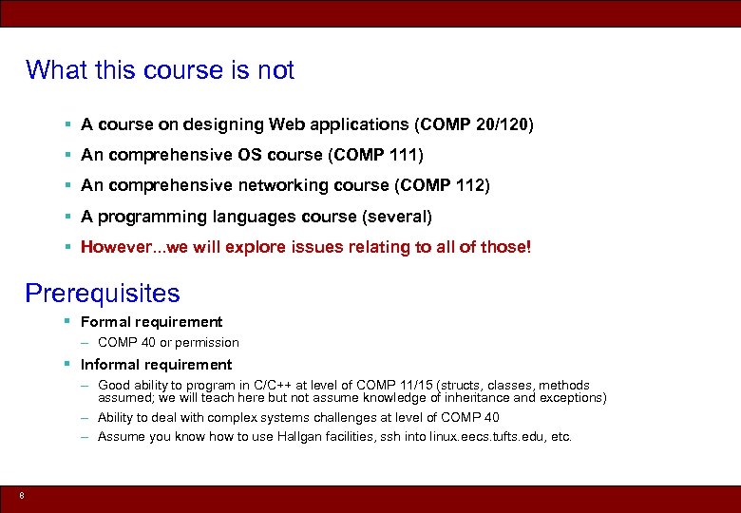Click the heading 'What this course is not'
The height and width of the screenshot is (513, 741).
pos(160,70)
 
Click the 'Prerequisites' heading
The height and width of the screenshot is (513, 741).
pos(103,293)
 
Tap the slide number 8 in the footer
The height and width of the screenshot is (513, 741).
pos(21,495)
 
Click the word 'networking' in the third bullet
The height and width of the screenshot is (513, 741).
pos(278,185)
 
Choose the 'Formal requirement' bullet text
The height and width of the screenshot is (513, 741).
pos(151,322)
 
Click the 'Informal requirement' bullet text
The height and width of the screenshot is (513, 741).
pos(156,365)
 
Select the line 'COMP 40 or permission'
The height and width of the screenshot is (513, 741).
pos(168,342)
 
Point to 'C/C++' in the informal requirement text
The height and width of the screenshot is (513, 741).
pos(275,386)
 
